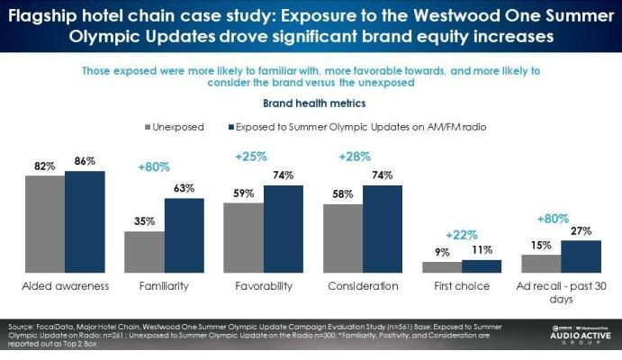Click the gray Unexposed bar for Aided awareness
44,223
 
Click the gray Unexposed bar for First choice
442,266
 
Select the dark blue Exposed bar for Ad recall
581,256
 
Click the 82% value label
45,166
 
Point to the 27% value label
581,231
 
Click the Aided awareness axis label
65,286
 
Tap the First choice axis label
462,286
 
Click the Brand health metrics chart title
311,103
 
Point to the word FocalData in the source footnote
50,325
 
